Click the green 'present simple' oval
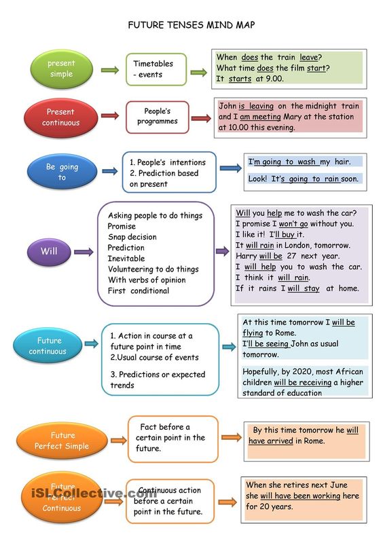click(x=62, y=69)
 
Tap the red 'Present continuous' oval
click(x=60, y=117)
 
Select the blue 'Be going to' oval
click(x=62, y=172)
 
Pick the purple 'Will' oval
click(x=49, y=252)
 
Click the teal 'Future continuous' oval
click(x=48, y=346)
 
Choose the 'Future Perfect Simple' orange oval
click(x=62, y=441)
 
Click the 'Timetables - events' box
click(x=156, y=69)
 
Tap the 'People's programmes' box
click(x=158, y=117)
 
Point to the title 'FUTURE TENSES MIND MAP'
click(x=191, y=25)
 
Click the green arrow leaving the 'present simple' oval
click(x=110, y=71)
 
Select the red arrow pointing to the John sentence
click(x=201, y=118)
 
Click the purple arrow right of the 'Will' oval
click(x=84, y=252)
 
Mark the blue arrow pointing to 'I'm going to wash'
click(x=231, y=168)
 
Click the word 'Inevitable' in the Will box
click(x=126, y=259)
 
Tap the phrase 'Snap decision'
click(x=132, y=237)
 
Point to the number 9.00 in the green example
click(x=274, y=79)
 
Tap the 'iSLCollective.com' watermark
click(x=94, y=493)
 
